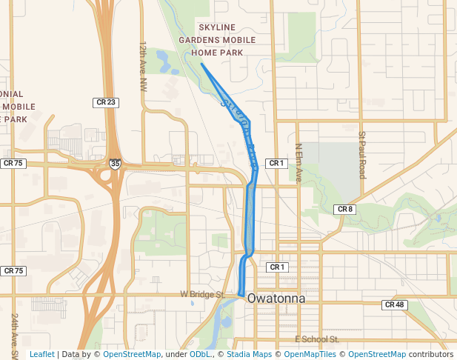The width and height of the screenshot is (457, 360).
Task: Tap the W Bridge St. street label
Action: pos(202,294)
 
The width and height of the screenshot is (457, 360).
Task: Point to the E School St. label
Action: pos(316,339)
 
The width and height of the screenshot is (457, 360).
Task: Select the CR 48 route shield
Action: pos(394,304)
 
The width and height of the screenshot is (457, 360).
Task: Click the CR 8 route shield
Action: pos(345,210)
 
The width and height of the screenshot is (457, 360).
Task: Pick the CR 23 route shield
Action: pos(105,102)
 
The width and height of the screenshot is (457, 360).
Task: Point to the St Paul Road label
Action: pos(362,155)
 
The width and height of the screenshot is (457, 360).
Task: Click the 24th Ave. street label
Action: pos(14,330)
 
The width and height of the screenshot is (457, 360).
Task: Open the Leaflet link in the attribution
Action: pos(41,354)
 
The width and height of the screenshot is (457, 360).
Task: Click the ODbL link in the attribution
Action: pos(201,354)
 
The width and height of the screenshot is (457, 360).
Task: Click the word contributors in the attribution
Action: pos(431,354)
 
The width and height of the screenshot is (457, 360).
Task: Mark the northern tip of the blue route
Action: pos(201,64)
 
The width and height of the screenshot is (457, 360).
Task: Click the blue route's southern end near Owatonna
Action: pos(241,294)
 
